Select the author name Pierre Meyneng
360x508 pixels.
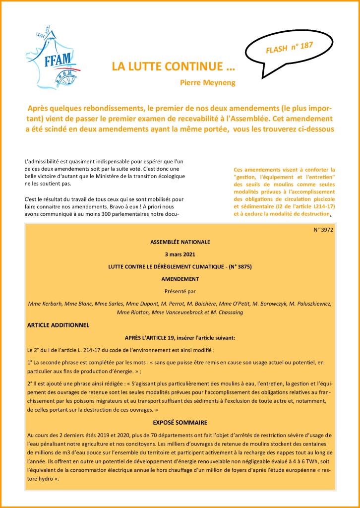(x=208, y=82)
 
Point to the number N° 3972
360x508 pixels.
(x=323, y=230)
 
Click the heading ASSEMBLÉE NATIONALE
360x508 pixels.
(x=180, y=242)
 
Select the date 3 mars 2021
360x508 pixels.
(x=180, y=254)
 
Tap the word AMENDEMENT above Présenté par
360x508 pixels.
(x=180, y=279)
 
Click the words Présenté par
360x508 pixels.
(x=180, y=291)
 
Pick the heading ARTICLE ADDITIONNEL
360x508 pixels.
(x=58, y=325)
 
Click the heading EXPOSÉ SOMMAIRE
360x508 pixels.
(x=180, y=422)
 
